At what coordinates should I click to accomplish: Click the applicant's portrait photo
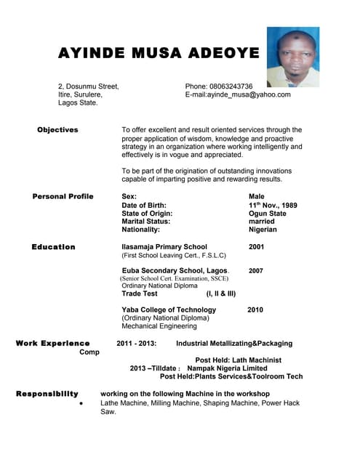[x=293, y=57]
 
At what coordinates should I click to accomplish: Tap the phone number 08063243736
[x=229, y=86]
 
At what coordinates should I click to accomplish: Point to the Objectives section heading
[x=57, y=130]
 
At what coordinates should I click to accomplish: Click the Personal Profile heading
[x=63, y=197]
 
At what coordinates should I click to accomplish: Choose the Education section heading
[x=53, y=247]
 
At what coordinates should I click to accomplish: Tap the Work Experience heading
[x=53, y=343]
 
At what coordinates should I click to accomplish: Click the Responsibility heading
[x=47, y=393]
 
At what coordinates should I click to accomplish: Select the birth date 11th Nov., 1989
[x=273, y=206]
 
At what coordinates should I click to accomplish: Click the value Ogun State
[x=267, y=214]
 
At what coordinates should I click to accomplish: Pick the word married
[x=262, y=222]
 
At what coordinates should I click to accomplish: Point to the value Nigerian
[x=263, y=230]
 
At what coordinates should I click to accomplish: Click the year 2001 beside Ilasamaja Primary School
[x=257, y=247]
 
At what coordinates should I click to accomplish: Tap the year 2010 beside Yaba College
[x=255, y=310]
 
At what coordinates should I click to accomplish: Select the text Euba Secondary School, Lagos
[x=175, y=270]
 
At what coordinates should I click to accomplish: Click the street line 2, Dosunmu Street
[x=88, y=86]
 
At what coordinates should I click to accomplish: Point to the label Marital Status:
[x=146, y=222]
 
